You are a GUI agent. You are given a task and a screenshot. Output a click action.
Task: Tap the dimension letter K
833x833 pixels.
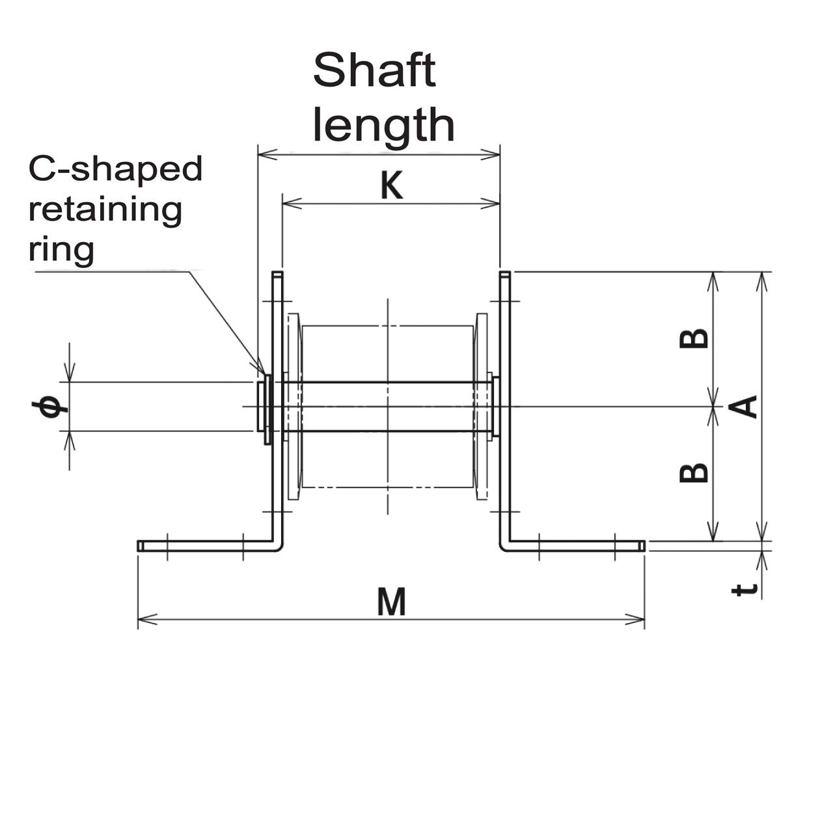tap(392, 187)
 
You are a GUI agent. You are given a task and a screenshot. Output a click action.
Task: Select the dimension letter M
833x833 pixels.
tap(392, 602)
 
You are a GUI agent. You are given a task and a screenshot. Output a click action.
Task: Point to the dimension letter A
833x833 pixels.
tap(744, 407)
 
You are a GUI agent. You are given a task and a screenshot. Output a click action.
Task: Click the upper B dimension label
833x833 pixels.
tap(694, 338)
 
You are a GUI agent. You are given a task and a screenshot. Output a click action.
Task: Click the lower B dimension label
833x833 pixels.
tap(694, 472)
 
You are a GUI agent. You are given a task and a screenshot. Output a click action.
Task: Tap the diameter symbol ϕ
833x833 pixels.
tap(49, 407)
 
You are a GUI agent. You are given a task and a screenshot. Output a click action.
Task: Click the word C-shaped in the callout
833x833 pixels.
tap(115, 169)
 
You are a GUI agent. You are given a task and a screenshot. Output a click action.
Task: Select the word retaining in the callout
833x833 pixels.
tap(105, 210)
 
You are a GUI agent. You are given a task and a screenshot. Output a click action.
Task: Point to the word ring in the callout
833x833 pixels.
tap(61, 249)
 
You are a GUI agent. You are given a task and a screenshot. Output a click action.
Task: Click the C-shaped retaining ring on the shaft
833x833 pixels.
tap(267, 409)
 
